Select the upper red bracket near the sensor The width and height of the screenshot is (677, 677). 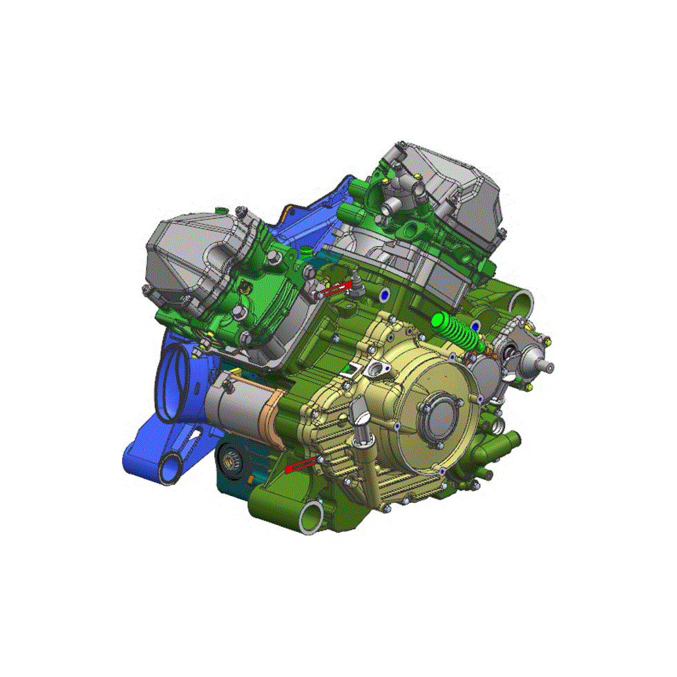(x=336, y=288)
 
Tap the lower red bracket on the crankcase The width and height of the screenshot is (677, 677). (x=301, y=465)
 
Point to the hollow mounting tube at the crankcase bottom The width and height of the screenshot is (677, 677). (x=312, y=517)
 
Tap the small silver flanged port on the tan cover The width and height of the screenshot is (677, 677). (x=377, y=370)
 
